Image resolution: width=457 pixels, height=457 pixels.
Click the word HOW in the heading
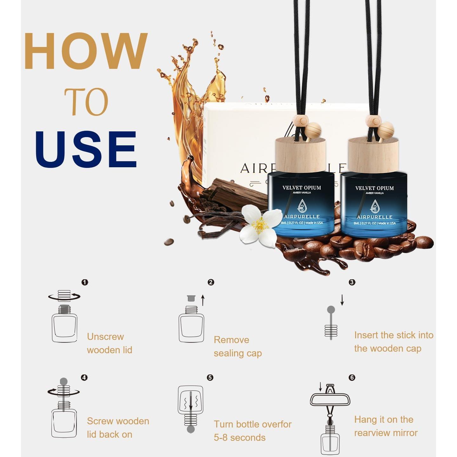click(86, 51)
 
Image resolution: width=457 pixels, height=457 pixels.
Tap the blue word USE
click(86, 149)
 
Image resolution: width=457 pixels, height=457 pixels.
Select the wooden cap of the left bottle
click(301, 155)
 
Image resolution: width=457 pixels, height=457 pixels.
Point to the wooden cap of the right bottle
click(373, 155)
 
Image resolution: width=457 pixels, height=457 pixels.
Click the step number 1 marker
click(85, 282)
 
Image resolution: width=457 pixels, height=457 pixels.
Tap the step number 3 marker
click(352, 282)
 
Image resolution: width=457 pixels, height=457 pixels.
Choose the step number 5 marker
click(210, 378)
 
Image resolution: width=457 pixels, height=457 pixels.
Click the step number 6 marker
click(352, 377)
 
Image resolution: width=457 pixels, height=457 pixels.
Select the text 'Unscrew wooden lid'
click(109, 343)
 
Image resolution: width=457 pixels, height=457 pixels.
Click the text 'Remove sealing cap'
click(238, 347)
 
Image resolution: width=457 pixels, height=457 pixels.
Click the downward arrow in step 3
click(342, 300)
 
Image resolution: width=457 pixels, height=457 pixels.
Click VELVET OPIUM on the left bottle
click(302, 188)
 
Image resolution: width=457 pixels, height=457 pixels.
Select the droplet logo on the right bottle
click(374, 206)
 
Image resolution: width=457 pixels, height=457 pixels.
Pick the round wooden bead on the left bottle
click(311, 129)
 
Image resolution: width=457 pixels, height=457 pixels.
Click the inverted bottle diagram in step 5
click(191, 409)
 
